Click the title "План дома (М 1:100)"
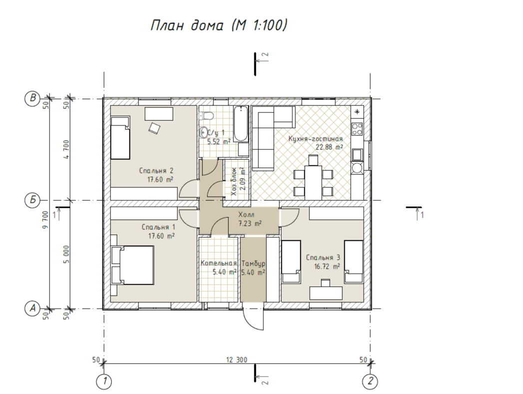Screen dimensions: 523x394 [x=218, y=25]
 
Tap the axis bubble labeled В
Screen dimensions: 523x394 [x=32, y=98]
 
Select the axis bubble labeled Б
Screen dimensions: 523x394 [x=32, y=200]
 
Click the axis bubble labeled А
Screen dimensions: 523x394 [x=32, y=308]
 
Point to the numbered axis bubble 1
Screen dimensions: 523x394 [x=104, y=381]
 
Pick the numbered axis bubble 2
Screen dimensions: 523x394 [x=370, y=381]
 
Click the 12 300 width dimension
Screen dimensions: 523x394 [x=237, y=360]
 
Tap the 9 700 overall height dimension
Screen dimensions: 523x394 [x=45, y=220]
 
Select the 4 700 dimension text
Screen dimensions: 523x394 [x=66, y=149]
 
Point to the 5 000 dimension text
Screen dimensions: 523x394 [x=66, y=254]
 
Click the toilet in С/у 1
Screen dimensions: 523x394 [x=206, y=116]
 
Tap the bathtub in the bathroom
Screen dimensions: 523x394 [x=241, y=124]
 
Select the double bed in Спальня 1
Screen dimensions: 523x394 [x=132, y=265]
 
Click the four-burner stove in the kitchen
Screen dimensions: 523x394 [x=357, y=129]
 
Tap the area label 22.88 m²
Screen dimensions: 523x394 [x=329, y=147]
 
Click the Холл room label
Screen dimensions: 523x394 [x=246, y=215]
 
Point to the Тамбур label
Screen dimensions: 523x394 [x=253, y=263]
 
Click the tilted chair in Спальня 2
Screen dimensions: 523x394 [x=154, y=128]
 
